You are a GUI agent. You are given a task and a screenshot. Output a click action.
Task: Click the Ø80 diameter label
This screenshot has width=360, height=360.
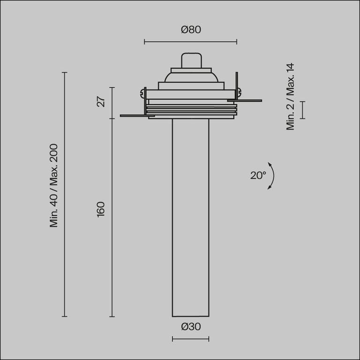tap(190, 30)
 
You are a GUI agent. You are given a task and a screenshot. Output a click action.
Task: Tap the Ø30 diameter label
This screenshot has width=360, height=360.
tap(190, 327)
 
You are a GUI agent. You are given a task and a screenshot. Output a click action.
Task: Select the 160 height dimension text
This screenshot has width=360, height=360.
tap(101, 209)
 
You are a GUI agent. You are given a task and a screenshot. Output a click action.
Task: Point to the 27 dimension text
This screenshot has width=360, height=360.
tap(101, 101)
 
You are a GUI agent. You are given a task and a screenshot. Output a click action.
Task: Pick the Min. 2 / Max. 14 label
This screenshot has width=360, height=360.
tap(291, 97)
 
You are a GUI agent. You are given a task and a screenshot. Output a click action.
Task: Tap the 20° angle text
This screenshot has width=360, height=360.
tap(258, 176)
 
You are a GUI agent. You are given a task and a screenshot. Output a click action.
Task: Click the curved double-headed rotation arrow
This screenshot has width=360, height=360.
tap(272, 176)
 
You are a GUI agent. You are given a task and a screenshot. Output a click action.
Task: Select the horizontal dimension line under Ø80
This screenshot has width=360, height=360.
tap(190, 42)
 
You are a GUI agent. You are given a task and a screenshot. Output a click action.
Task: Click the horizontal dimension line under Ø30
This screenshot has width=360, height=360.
tap(190, 339)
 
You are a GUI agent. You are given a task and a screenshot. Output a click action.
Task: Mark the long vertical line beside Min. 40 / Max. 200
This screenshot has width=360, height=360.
tap(65, 195)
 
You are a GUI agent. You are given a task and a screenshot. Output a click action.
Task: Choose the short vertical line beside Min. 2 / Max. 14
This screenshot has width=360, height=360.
tap(302, 110)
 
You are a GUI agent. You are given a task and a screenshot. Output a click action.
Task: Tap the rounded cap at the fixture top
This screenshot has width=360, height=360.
tap(190, 60)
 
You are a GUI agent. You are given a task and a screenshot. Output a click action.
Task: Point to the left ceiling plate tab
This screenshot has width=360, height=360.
tap(134, 115)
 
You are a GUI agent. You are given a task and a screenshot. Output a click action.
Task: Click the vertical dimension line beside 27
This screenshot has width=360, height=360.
tap(112, 103)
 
